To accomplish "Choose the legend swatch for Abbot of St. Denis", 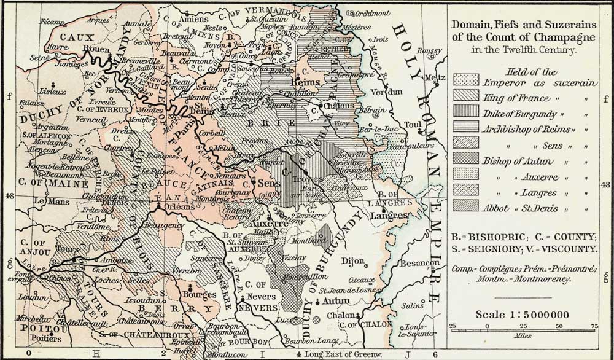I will click(465, 208).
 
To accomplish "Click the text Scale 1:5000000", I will click(522, 315).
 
